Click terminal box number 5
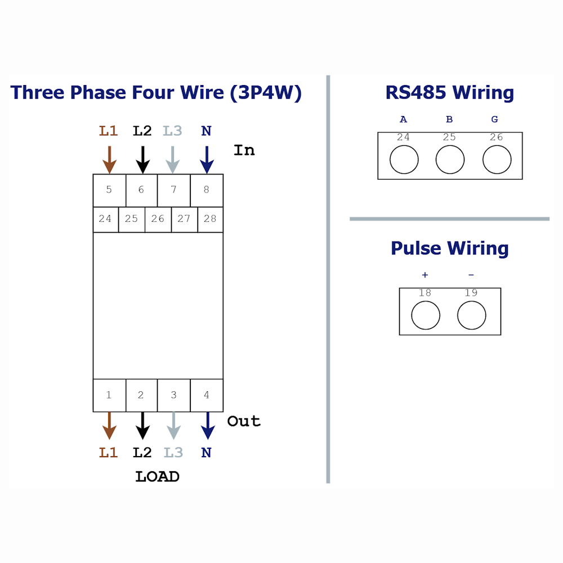click(x=110, y=190)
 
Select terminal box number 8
click(x=207, y=190)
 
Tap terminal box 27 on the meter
click(x=184, y=220)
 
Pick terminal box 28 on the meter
click(x=211, y=220)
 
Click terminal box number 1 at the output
click(x=110, y=395)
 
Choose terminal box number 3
click(x=174, y=395)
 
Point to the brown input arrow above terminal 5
click(x=110, y=160)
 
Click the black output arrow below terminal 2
click(x=142, y=426)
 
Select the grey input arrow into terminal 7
click(x=173, y=160)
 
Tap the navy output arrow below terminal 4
click(x=208, y=426)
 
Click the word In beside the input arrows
click(x=244, y=150)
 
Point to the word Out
click(x=244, y=421)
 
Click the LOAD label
click(x=157, y=477)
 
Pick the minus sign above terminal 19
click(x=471, y=275)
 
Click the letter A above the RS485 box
click(x=404, y=119)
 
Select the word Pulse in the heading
click(x=416, y=248)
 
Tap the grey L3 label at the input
click(x=172, y=131)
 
